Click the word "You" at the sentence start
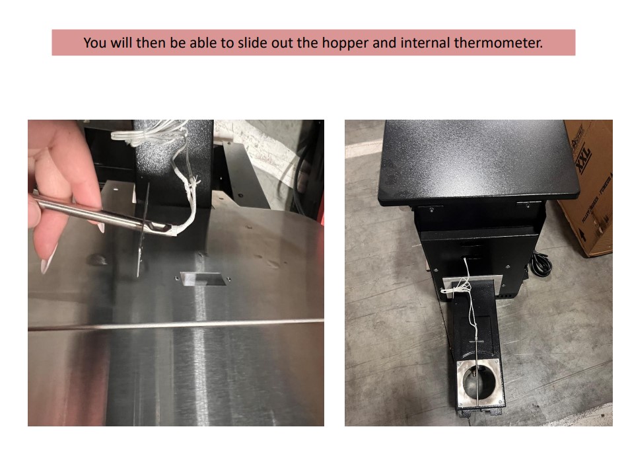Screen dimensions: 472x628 coord(96,43)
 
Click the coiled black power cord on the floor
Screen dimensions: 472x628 coord(541,264)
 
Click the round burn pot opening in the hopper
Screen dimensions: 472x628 coord(479,382)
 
